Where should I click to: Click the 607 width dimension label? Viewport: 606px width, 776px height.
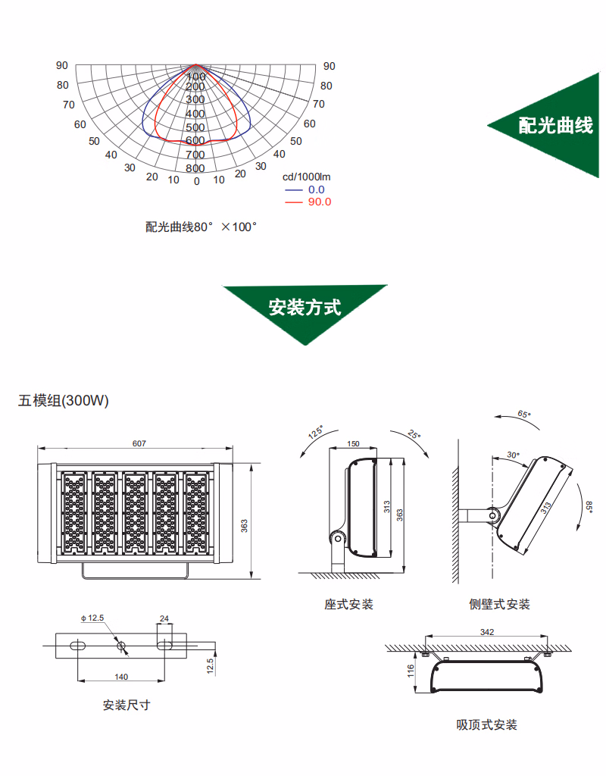(139, 443)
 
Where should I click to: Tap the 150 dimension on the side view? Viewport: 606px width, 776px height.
(353, 443)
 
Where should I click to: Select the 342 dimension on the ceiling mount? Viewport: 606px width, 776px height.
(487, 632)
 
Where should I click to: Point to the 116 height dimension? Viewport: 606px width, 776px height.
(411, 671)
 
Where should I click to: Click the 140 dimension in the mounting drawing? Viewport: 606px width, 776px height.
(121, 677)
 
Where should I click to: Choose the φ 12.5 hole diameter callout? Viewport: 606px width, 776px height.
(92, 618)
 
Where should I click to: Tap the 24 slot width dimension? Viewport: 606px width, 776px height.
(164, 618)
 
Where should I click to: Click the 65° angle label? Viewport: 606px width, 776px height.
(524, 414)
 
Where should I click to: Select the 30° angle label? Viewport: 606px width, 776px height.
(513, 455)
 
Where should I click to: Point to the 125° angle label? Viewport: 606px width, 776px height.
(316, 432)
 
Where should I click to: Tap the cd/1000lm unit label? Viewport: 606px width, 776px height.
(306, 177)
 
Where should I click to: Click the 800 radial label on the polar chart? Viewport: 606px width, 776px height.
(195, 168)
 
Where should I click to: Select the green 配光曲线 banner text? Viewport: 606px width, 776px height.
(555, 125)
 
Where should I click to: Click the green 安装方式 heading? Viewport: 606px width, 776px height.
(305, 308)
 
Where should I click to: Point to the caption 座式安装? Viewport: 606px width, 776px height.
(348, 604)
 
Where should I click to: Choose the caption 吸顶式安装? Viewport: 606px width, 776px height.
(487, 725)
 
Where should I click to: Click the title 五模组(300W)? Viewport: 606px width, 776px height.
(64, 400)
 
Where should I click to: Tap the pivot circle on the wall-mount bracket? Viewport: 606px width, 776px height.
(492, 515)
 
